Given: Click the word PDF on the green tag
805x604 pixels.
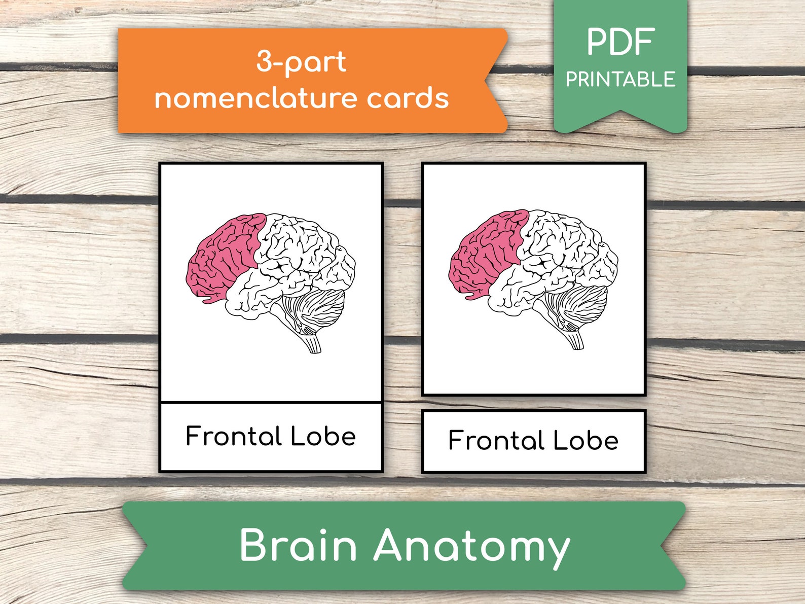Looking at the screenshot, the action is pos(620,43).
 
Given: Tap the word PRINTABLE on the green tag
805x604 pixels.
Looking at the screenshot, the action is pos(620,80).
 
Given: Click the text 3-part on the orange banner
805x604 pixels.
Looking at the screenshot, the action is pos(301,62).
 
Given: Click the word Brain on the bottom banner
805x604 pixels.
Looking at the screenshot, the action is pos(298,545).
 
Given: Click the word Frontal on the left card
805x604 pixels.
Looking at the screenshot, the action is pos(234,436).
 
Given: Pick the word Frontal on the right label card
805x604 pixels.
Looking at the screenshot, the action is pos(496,440).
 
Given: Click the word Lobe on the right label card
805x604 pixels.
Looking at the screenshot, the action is pos(586,440).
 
